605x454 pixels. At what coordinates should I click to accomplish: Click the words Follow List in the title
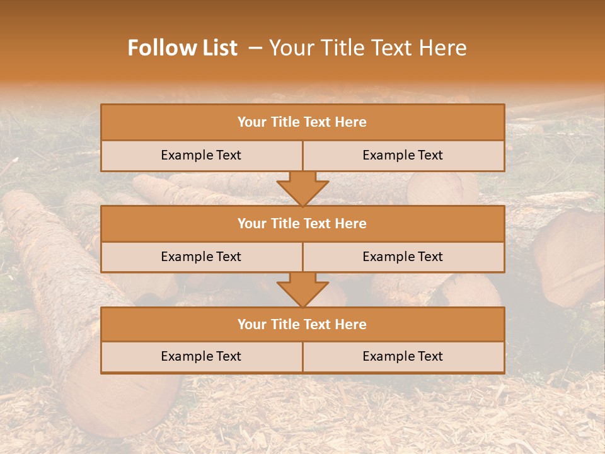pyautogui.click(x=182, y=48)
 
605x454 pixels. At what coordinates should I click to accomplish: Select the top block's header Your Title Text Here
pyautogui.click(x=302, y=122)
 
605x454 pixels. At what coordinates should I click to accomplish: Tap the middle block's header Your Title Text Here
pyautogui.click(x=302, y=223)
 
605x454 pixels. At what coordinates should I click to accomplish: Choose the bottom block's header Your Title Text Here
pyautogui.click(x=302, y=324)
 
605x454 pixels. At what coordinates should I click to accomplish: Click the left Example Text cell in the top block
pyautogui.click(x=201, y=155)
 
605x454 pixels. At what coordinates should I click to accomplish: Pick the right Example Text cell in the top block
pyautogui.click(x=403, y=155)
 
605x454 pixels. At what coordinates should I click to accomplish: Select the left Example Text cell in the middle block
pyautogui.click(x=201, y=257)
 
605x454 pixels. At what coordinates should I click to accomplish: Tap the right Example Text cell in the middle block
pyautogui.click(x=403, y=257)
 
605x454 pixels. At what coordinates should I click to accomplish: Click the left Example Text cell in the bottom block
pyautogui.click(x=201, y=356)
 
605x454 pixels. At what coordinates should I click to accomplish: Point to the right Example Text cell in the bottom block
pyautogui.click(x=403, y=356)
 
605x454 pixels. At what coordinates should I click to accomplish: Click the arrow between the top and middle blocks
pyautogui.click(x=302, y=188)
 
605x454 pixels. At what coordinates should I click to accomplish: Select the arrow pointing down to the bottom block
pyautogui.click(x=302, y=289)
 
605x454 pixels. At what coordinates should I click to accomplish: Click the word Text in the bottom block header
pyautogui.click(x=318, y=324)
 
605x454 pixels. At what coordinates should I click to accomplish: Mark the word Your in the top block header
pyautogui.click(x=251, y=122)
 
